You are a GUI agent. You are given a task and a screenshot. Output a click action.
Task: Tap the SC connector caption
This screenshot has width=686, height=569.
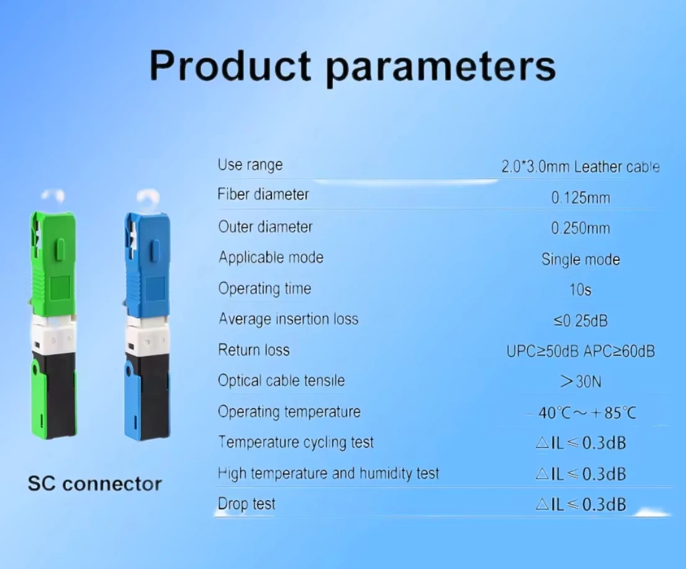94,484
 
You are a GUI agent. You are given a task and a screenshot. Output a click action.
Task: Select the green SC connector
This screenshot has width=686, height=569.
53,323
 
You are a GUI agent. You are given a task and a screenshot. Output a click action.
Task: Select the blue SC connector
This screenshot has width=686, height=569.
146,323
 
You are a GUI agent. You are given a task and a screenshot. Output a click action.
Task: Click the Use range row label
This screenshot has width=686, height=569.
250,165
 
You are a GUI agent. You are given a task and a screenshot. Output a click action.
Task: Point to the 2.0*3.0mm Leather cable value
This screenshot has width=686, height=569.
580,166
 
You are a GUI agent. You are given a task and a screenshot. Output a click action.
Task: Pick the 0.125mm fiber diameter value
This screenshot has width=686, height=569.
580,198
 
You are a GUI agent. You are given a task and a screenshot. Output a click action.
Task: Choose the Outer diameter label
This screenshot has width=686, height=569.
265,227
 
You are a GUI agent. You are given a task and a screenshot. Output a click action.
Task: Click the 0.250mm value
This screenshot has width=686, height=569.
580,228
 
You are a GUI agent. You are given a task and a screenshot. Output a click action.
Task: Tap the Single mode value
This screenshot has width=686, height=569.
580,259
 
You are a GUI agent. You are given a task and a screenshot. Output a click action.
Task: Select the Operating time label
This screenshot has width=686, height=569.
264,289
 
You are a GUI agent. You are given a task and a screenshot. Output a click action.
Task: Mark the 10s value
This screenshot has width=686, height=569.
580,290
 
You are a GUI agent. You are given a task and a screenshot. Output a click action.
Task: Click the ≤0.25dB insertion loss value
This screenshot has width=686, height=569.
580,321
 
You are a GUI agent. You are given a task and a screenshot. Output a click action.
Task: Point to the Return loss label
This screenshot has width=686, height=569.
253,350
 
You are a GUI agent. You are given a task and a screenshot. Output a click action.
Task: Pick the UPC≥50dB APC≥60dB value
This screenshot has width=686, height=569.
580,351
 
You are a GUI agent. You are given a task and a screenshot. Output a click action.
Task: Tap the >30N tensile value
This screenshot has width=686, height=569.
580,381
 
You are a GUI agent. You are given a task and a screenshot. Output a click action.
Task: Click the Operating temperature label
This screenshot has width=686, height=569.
289,411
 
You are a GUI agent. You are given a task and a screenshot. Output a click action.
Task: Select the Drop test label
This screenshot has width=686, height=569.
246,504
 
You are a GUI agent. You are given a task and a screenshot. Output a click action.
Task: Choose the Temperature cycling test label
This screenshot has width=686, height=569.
296,442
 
